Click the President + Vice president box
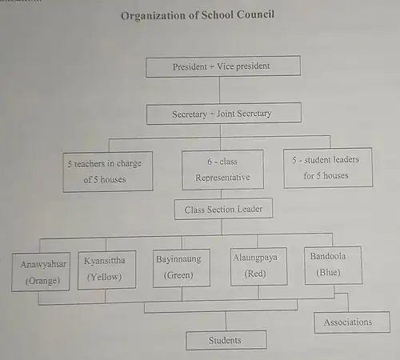pos(223,66)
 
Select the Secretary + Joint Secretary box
pos(224,114)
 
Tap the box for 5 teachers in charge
pos(108,171)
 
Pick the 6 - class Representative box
pos(222,170)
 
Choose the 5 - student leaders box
pos(328,168)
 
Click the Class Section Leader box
pos(223,209)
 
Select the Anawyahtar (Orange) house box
pos(41,272)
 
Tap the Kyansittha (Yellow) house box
pos(106,270)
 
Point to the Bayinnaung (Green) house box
pos(182,268)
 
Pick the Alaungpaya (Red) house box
pos(258,266)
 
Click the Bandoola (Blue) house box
pos(334,265)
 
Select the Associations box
pos(352,322)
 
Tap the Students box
pos(226,340)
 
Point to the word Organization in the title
pos(154,16)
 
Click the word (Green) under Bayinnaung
pos(178,275)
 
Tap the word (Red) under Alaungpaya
pos(255,274)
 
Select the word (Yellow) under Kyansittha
pos(104,277)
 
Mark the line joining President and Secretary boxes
pos(220,90)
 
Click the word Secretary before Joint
pos(190,114)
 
